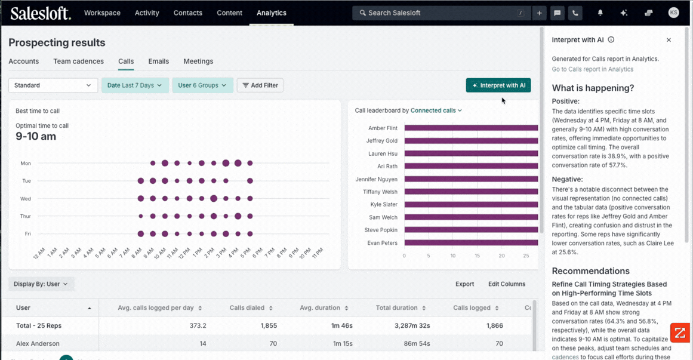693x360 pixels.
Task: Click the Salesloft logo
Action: (41, 13)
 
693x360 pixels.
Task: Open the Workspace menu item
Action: (102, 13)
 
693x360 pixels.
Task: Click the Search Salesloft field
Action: (439, 13)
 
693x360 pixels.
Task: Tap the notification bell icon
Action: (600, 13)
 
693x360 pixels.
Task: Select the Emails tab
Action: (158, 61)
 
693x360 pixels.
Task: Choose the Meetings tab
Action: (198, 61)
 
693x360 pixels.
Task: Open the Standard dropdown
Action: (53, 85)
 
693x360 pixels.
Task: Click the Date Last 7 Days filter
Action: (135, 85)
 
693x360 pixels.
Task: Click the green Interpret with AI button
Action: (498, 85)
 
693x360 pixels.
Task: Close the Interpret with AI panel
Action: (669, 40)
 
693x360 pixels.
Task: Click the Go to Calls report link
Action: (592, 69)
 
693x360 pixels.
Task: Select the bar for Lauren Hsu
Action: (471, 153)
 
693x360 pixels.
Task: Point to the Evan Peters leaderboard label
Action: (382, 243)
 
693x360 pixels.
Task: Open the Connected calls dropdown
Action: (436, 110)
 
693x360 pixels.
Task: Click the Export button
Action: (464, 284)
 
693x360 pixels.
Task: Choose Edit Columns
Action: (506, 284)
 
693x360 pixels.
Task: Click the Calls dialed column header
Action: (247, 308)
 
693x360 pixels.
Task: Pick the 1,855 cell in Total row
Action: (266, 326)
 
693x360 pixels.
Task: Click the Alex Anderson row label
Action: (38, 344)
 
